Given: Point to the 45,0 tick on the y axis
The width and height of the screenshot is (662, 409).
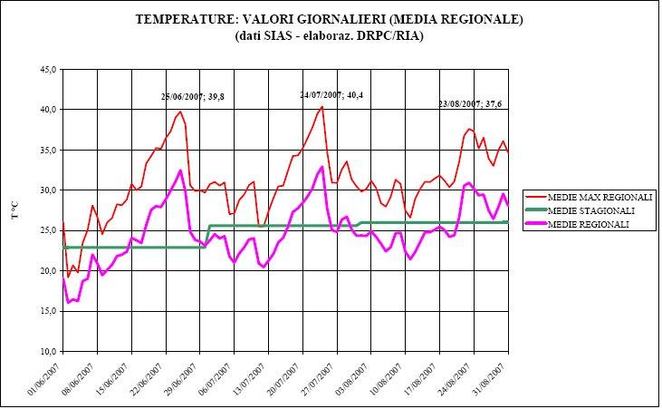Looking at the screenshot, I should (48, 69).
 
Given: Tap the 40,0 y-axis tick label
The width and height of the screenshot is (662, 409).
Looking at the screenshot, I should (48, 110).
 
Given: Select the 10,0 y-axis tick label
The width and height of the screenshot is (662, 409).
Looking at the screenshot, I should (48, 352).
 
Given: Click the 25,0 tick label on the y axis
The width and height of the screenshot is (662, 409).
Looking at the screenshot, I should (48, 230).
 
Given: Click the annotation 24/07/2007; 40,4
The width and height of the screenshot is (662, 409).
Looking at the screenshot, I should (332, 94).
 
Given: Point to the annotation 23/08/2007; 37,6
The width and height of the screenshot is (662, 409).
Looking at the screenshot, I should (470, 102).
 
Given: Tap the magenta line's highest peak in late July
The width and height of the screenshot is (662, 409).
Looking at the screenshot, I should (322, 167).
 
